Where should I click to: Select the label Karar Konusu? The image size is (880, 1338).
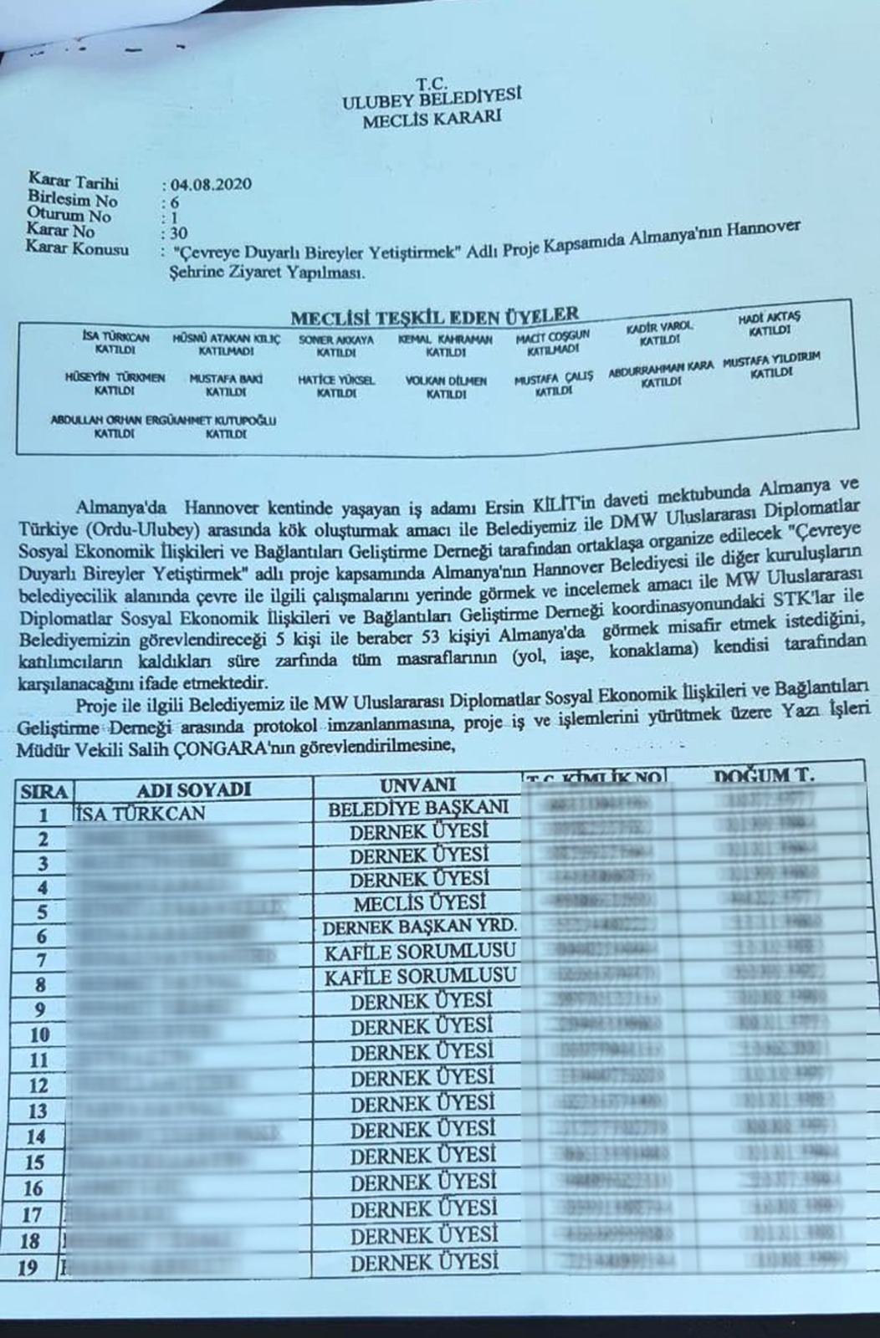(78, 248)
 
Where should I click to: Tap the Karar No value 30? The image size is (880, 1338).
(178, 233)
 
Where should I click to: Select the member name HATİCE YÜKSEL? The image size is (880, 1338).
(336, 380)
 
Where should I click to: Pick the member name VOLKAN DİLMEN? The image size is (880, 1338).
(445, 380)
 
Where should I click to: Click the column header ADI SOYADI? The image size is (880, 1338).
(193, 789)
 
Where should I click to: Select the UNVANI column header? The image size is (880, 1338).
(418, 784)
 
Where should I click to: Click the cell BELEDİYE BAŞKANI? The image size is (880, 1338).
(418, 809)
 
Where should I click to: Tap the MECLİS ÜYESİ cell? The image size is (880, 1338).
(419, 903)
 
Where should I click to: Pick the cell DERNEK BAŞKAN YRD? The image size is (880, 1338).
(419, 927)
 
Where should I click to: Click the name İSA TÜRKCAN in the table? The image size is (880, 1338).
(140, 813)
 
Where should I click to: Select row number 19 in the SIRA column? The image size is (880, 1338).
(28, 1268)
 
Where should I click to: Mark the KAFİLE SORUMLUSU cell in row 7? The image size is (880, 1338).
(420, 952)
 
